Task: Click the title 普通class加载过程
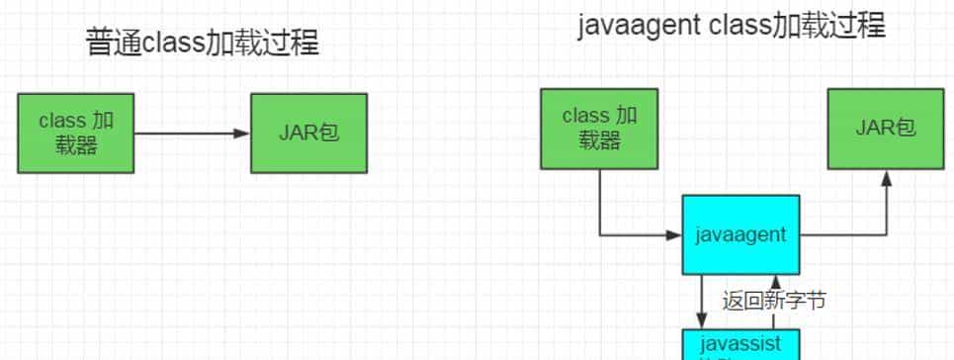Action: tap(203, 44)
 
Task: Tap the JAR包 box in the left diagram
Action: tap(308, 133)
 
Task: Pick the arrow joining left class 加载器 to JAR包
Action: tap(188, 134)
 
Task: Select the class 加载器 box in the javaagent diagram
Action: tap(599, 128)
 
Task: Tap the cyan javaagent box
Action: tap(740, 234)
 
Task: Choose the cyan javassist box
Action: tap(740, 344)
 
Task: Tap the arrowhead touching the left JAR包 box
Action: tap(243, 134)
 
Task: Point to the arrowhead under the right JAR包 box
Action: tap(887, 177)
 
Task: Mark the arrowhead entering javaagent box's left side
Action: tap(675, 234)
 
